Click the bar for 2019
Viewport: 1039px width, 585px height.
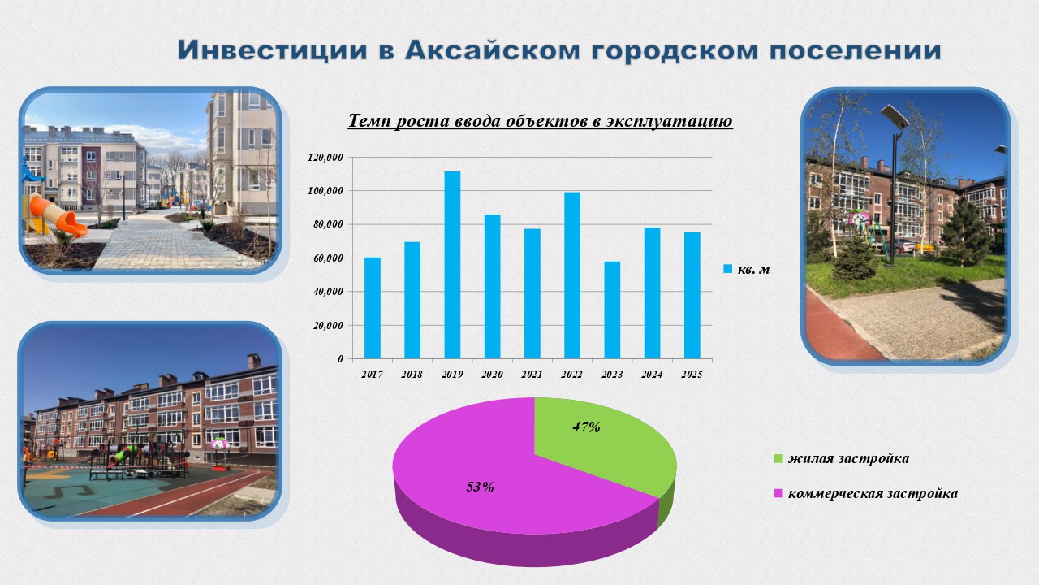(x=452, y=265)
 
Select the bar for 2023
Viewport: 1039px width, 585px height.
(x=612, y=310)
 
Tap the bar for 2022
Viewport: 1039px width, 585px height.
(x=572, y=275)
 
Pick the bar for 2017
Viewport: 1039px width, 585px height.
(x=372, y=308)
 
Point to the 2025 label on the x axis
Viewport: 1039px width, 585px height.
(x=692, y=375)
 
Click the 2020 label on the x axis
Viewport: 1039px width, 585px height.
(x=492, y=375)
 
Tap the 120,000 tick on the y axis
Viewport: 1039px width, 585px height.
(x=325, y=158)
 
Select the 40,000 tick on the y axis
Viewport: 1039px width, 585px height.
(x=328, y=292)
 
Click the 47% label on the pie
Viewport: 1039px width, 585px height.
(x=586, y=427)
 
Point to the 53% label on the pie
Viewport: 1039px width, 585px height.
(x=480, y=487)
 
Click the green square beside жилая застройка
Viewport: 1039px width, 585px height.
(x=778, y=459)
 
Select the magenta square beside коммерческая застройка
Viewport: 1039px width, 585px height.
(x=778, y=493)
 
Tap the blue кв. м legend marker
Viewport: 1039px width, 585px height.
(x=728, y=269)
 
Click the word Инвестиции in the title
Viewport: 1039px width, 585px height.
(x=273, y=50)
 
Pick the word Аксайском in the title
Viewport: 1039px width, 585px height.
(x=492, y=50)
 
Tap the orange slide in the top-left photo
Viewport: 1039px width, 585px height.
(x=57, y=214)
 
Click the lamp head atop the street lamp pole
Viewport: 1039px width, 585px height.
(x=895, y=118)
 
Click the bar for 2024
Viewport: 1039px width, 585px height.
(x=652, y=293)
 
